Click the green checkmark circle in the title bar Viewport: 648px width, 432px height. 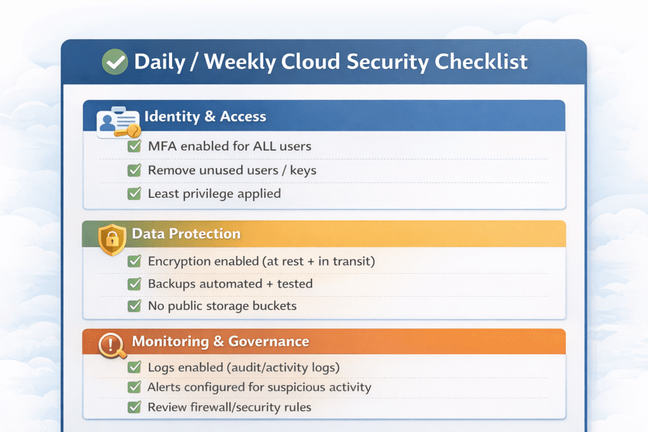[x=115, y=61]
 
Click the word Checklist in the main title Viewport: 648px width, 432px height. [x=481, y=61]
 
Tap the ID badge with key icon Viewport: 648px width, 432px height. [x=118, y=122]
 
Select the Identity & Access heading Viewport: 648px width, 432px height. [x=205, y=116]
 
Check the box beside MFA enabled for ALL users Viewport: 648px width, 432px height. [x=134, y=145]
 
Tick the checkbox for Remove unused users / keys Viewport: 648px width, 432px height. [x=134, y=170]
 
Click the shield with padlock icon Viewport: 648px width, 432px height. [x=112, y=240]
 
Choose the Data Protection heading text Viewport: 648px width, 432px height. [x=186, y=234]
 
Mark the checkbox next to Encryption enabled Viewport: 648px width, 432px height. [x=134, y=261]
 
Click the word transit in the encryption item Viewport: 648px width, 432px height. [x=352, y=261]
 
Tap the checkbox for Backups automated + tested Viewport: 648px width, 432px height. [x=134, y=284]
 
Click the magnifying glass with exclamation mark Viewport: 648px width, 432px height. [x=112, y=345]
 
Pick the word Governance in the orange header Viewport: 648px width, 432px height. [x=268, y=342]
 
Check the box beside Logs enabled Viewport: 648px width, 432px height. [x=134, y=367]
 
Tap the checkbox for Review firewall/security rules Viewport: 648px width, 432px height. [x=134, y=407]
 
